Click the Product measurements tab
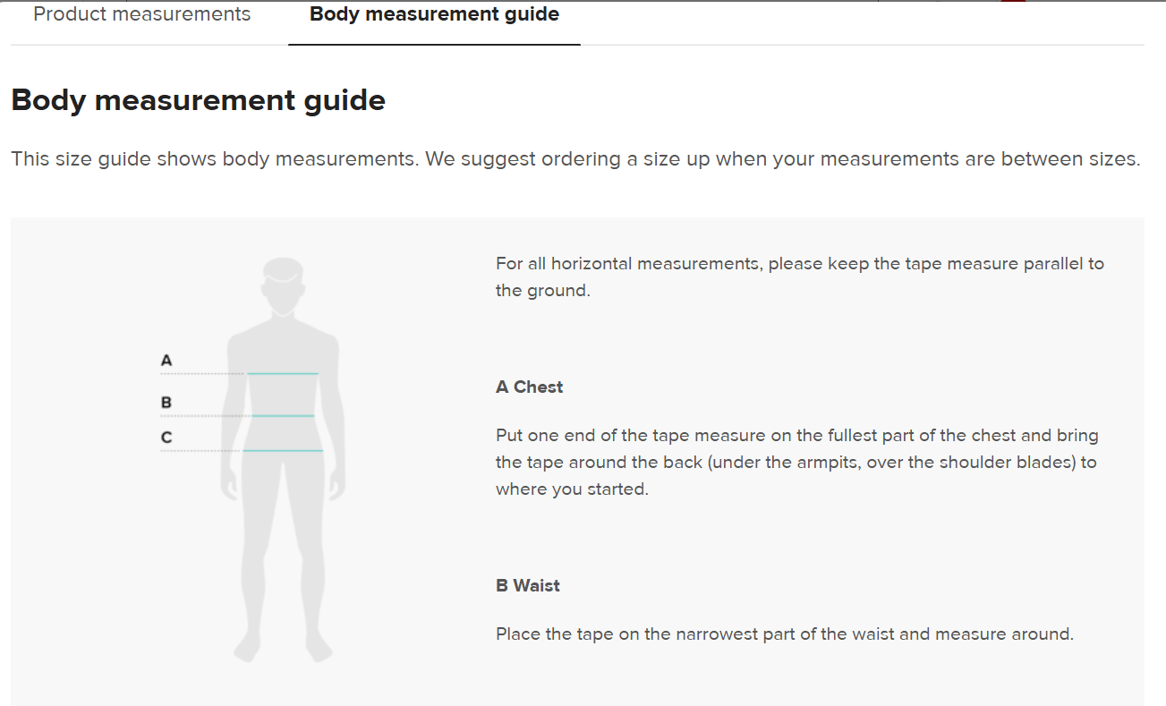click(141, 14)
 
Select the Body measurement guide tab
click(434, 14)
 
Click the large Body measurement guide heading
click(199, 100)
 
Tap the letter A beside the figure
click(166, 361)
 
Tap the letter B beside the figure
click(166, 403)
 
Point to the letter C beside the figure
click(166, 438)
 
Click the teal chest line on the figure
click(283, 373)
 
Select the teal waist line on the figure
click(283, 415)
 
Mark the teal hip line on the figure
click(283, 450)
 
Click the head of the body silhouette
click(283, 284)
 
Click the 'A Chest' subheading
click(530, 387)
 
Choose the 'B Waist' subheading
click(528, 586)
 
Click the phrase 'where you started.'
click(572, 489)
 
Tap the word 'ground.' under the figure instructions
click(558, 291)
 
